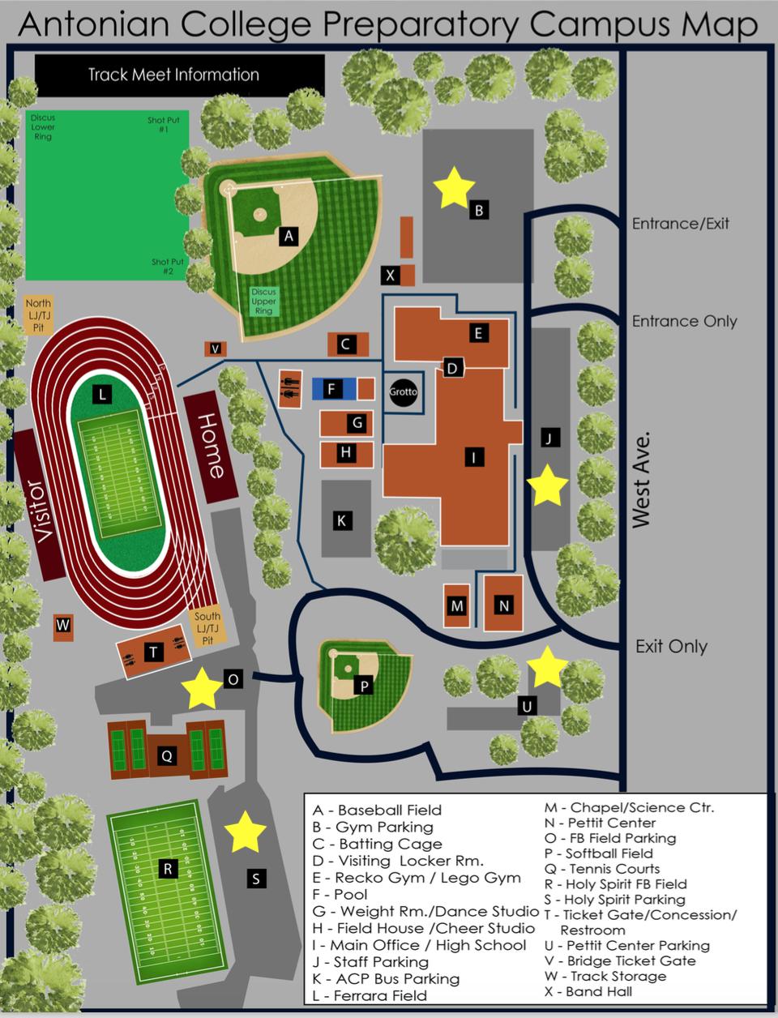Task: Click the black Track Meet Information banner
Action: point(179,75)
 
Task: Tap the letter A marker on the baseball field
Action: point(287,236)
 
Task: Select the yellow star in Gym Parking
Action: point(455,186)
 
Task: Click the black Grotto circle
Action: point(403,391)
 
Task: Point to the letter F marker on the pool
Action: point(331,389)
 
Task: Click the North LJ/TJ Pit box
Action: point(38,315)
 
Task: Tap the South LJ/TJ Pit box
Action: point(207,627)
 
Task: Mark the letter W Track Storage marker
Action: point(62,626)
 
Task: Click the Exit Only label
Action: point(671,647)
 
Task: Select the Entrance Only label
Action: point(684,321)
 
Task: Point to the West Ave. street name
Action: point(641,479)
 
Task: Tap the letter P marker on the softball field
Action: point(364,687)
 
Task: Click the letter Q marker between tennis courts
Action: point(166,756)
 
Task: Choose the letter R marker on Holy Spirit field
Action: point(168,870)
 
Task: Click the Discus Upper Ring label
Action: point(263,302)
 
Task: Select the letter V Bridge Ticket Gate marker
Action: point(215,349)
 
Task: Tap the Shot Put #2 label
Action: point(168,267)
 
